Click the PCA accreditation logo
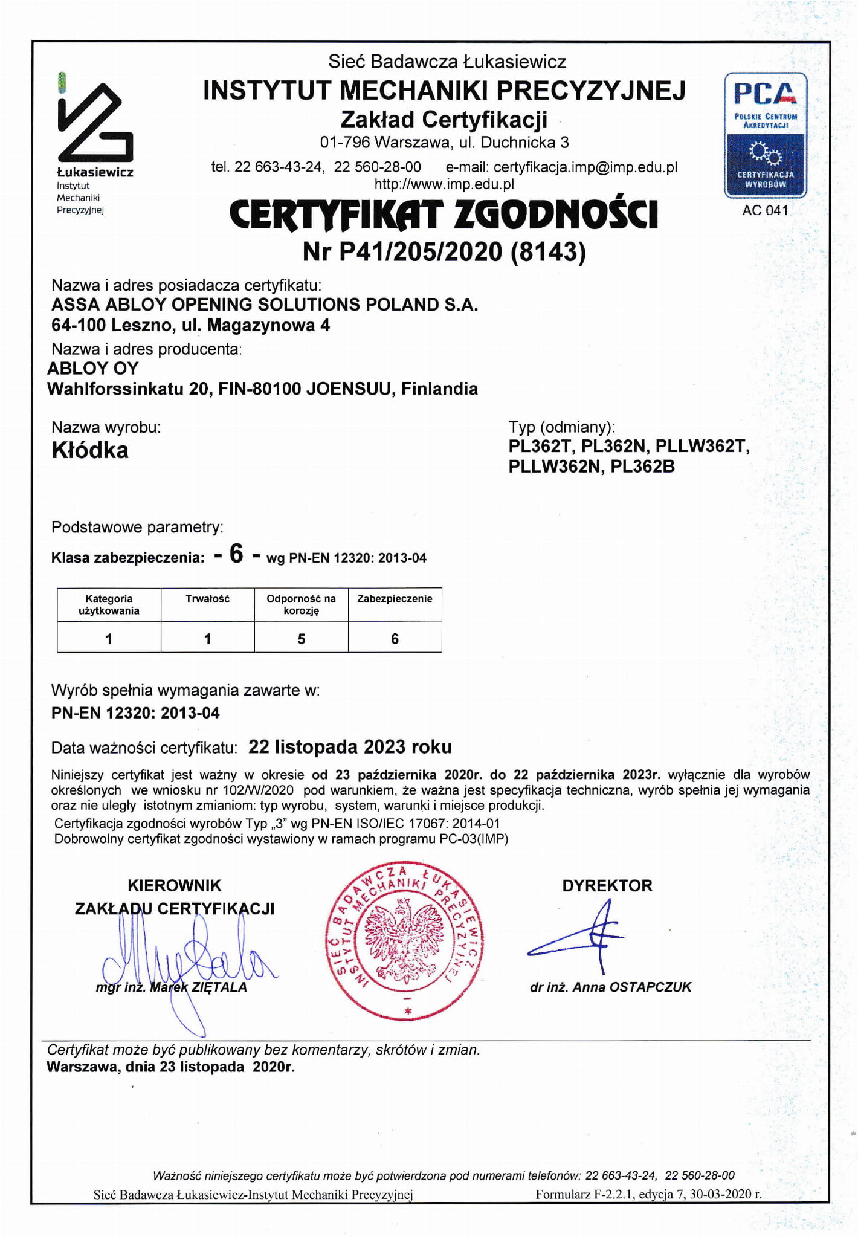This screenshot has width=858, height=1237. pyautogui.click(x=765, y=135)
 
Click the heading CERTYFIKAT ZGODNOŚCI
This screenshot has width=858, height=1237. pyautogui.click(x=444, y=216)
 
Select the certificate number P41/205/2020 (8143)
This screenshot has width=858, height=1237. pyautogui.click(x=444, y=251)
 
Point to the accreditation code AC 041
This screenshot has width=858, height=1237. pyautogui.click(x=765, y=210)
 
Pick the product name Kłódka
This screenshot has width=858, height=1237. pyautogui.click(x=90, y=451)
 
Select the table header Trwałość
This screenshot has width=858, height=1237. pyautogui.click(x=207, y=599)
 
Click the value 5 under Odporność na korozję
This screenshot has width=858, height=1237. pyautogui.click(x=301, y=639)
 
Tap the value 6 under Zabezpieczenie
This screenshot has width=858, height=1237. pyautogui.click(x=395, y=639)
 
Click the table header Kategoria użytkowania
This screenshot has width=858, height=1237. pyautogui.click(x=109, y=604)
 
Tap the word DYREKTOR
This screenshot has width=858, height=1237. pyautogui.click(x=607, y=886)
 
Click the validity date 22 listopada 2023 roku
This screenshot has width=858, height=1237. pyautogui.click(x=350, y=748)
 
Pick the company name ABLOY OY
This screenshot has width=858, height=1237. pyautogui.click(x=93, y=368)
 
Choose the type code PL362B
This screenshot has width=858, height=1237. pyautogui.click(x=642, y=467)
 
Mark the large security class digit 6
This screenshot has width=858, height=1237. pyautogui.click(x=236, y=554)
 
